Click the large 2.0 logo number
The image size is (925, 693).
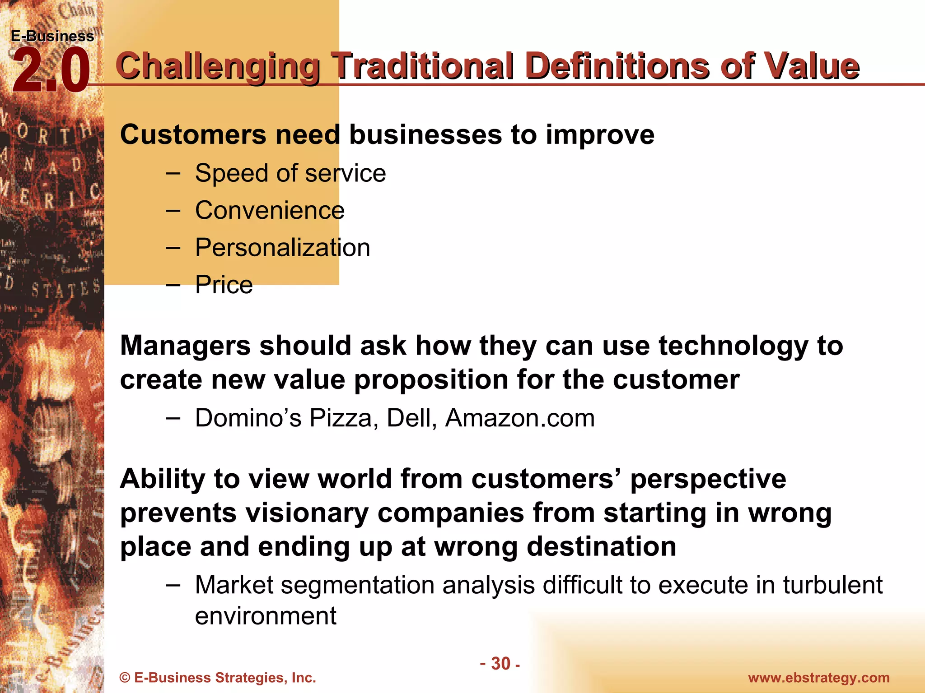[51, 71]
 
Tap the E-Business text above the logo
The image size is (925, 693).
[52, 36]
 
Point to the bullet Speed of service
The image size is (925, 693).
[290, 173]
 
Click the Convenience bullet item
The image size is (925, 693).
[270, 210]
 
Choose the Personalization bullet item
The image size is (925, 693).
[282, 248]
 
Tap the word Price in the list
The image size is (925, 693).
[224, 285]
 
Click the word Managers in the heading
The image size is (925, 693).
[185, 346]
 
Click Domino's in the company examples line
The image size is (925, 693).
[248, 418]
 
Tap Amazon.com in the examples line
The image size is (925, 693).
[520, 418]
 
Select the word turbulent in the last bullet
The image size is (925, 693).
[832, 585]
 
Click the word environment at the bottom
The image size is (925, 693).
[266, 616]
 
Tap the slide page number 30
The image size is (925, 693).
[500, 664]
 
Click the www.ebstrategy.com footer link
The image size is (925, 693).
[818, 678]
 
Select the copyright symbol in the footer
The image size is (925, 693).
[125, 678]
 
